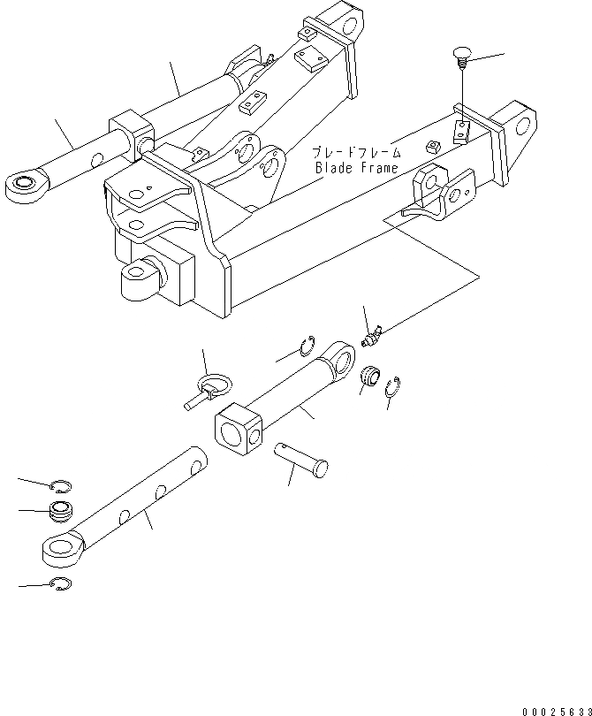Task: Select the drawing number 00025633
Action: [x=554, y=710]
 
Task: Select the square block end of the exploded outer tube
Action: [x=239, y=430]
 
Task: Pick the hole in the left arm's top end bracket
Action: [x=345, y=19]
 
